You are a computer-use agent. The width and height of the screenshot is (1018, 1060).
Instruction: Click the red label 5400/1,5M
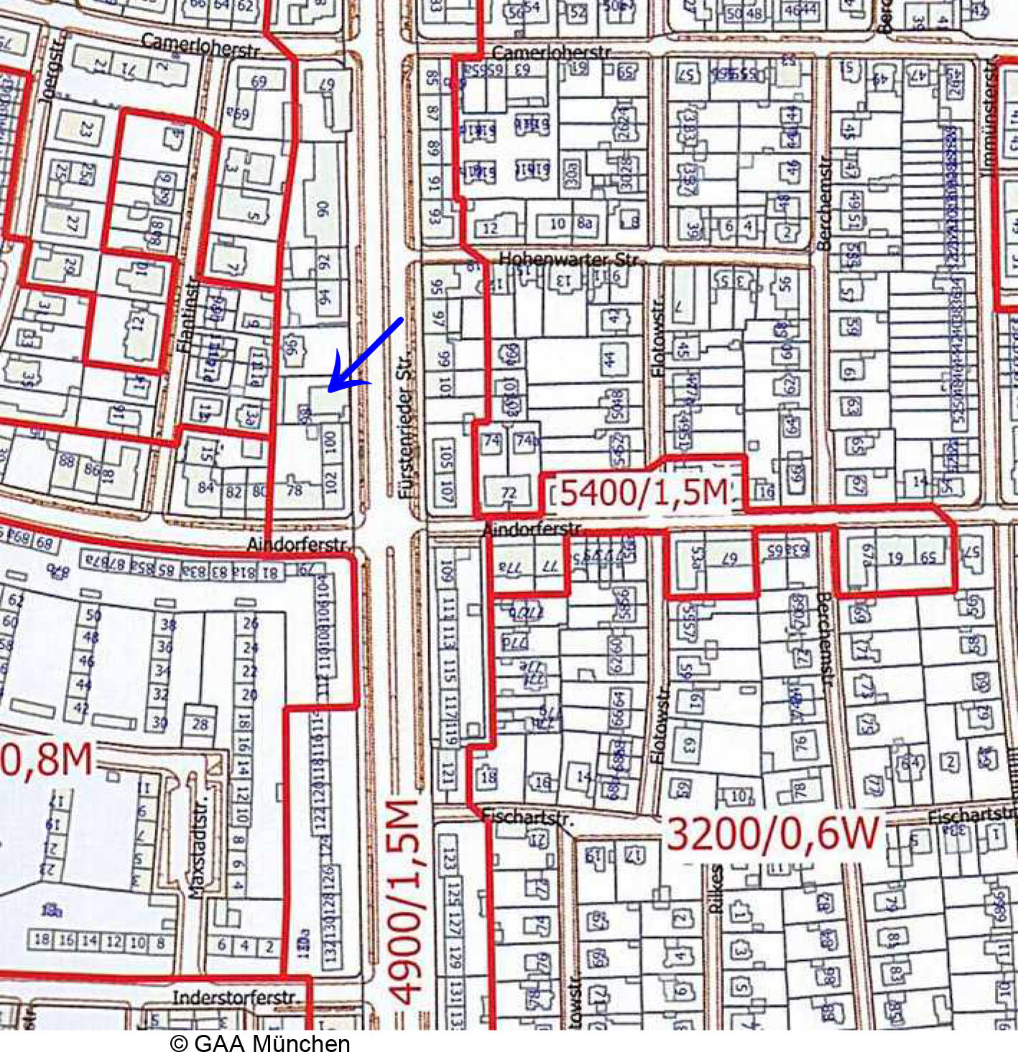click(x=644, y=493)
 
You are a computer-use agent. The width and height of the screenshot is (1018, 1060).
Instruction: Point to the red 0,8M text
click(x=47, y=759)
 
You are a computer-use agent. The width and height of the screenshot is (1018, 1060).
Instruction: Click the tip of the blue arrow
click(x=330, y=391)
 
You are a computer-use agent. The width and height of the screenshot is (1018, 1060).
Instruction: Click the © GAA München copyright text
click(x=260, y=1043)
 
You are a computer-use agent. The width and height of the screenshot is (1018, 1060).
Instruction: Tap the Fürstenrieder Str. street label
click(x=406, y=424)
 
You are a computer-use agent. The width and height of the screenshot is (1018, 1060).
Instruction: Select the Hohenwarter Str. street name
click(x=571, y=259)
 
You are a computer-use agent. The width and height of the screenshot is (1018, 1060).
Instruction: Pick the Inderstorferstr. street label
click(x=235, y=997)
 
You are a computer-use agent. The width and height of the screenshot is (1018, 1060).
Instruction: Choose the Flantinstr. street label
click(x=186, y=314)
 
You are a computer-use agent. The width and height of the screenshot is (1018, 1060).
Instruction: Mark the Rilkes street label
click(x=716, y=889)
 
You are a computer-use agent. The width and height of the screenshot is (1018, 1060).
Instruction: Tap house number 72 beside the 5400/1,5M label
click(x=509, y=493)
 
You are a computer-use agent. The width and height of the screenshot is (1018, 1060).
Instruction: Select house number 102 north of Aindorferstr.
click(x=330, y=481)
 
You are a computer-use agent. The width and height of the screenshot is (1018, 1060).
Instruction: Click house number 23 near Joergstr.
click(x=86, y=129)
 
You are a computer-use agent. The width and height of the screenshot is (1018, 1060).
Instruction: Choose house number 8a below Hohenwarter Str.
click(x=584, y=223)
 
